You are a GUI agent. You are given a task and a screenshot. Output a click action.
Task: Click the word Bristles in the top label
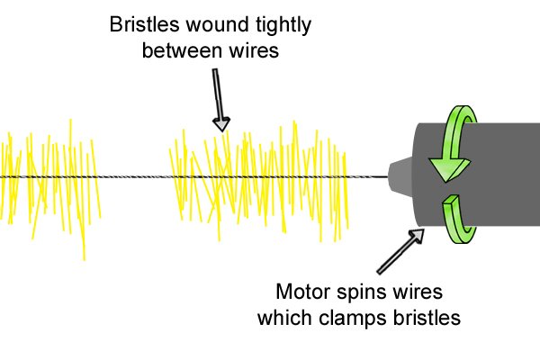pos(145,24)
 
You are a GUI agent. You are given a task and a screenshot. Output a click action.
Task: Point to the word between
pos(182,50)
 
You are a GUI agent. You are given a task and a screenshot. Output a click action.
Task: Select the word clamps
pos(353,319)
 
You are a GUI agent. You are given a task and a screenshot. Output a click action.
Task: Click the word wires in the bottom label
pos(414,292)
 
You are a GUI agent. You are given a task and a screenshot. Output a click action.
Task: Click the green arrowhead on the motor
pos(449,169)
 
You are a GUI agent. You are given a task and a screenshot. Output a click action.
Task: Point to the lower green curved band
pos(458,220)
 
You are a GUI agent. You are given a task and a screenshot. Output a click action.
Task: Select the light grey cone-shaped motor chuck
pos(400,177)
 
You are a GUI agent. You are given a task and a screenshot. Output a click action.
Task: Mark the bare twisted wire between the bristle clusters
pos(134,177)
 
